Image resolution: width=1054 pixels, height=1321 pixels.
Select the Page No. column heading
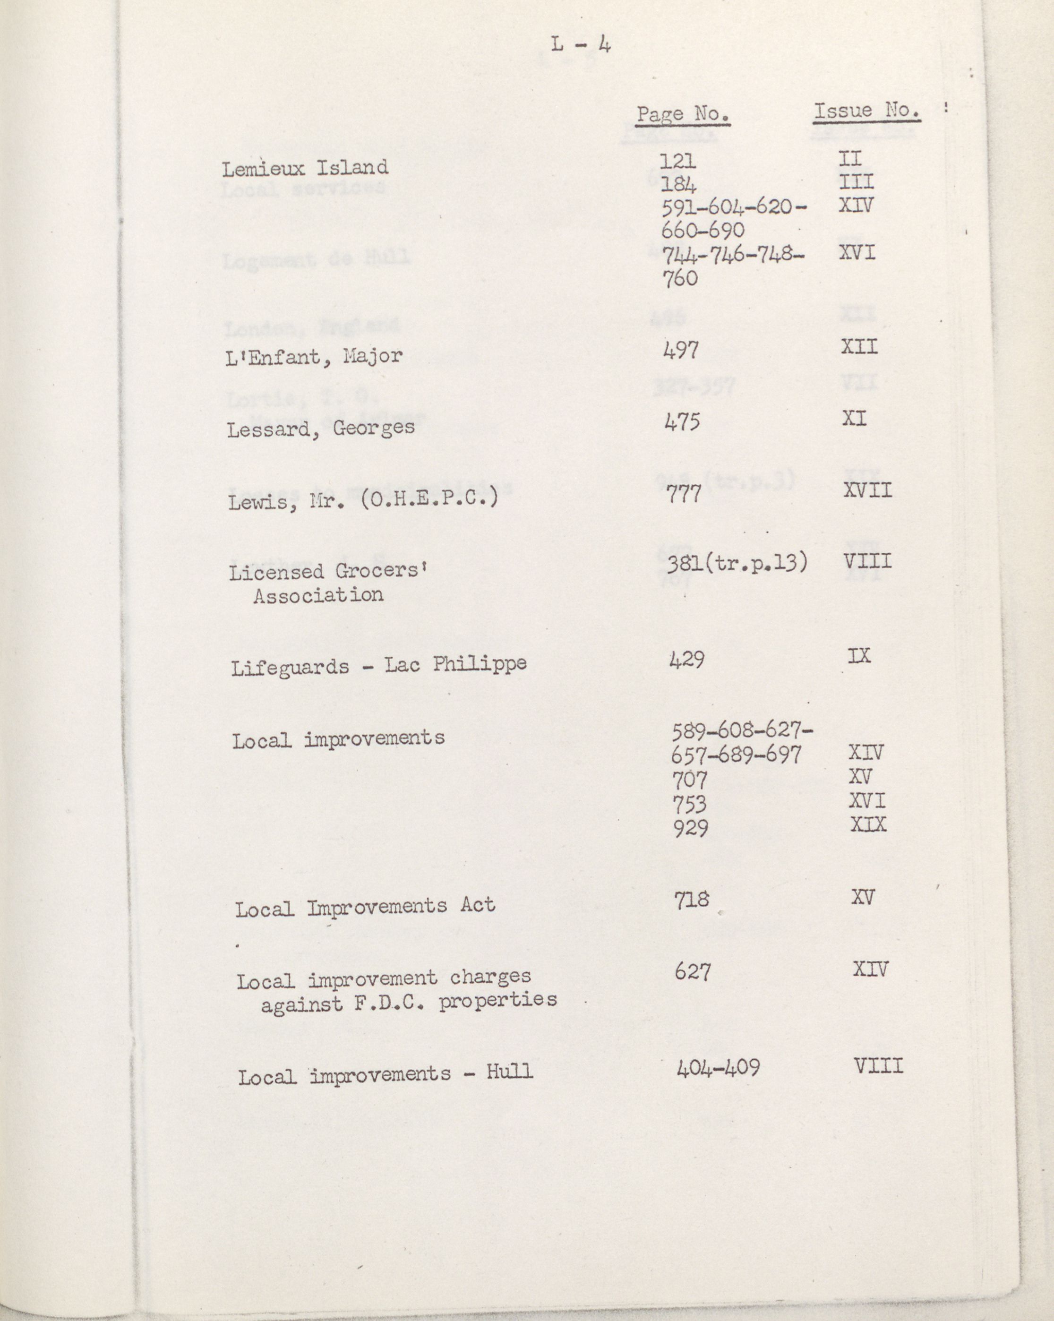(683, 114)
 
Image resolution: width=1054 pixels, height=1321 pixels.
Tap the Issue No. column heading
(866, 111)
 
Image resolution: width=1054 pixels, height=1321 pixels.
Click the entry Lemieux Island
(305, 168)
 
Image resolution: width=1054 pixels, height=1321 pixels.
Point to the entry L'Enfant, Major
(314, 357)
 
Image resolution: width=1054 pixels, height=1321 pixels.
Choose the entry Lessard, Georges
(320, 428)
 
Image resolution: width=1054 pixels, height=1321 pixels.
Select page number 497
(681, 350)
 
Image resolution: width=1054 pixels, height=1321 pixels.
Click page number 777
(685, 493)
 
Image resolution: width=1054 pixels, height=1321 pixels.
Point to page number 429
(687, 659)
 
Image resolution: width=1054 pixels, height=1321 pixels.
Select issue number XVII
(867, 490)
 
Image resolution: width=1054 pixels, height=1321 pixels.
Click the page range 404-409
(718, 1069)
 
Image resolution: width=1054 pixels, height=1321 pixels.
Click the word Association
(318, 595)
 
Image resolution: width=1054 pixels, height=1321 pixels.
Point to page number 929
(691, 828)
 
